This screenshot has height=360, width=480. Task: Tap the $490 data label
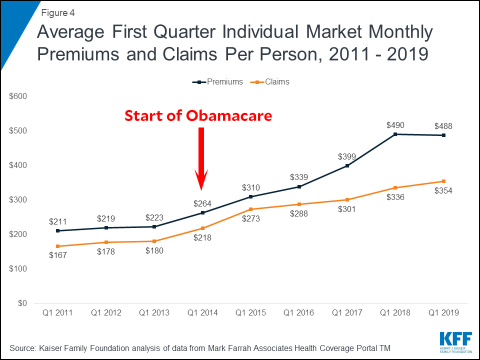395,125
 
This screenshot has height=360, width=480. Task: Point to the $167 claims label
57,255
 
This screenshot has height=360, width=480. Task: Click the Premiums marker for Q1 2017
347,165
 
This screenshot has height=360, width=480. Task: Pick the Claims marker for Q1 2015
250,209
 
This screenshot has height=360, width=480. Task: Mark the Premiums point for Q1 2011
57,230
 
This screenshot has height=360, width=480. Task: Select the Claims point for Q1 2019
443,181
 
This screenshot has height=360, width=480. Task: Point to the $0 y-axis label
22,303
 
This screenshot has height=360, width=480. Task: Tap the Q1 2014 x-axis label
202,313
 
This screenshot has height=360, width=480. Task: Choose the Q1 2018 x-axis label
395,313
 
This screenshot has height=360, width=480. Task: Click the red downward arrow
201,157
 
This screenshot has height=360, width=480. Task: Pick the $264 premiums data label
202,203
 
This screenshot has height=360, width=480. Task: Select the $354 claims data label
443,191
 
